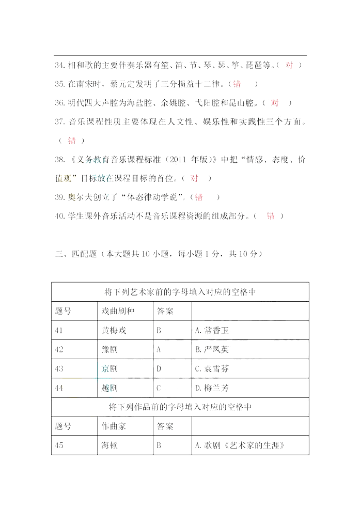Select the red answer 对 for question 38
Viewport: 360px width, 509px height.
[x=194, y=178]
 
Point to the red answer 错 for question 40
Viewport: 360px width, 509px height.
[x=271, y=216]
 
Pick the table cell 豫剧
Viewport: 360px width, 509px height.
[x=109, y=349]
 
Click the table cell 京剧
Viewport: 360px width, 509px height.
[x=109, y=368]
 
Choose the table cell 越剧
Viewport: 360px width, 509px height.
[x=109, y=388]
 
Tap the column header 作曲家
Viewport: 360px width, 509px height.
[x=114, y=426]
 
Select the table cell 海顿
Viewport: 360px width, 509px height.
[x=109, y=445]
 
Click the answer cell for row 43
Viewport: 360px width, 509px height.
[x=159, y=368]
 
